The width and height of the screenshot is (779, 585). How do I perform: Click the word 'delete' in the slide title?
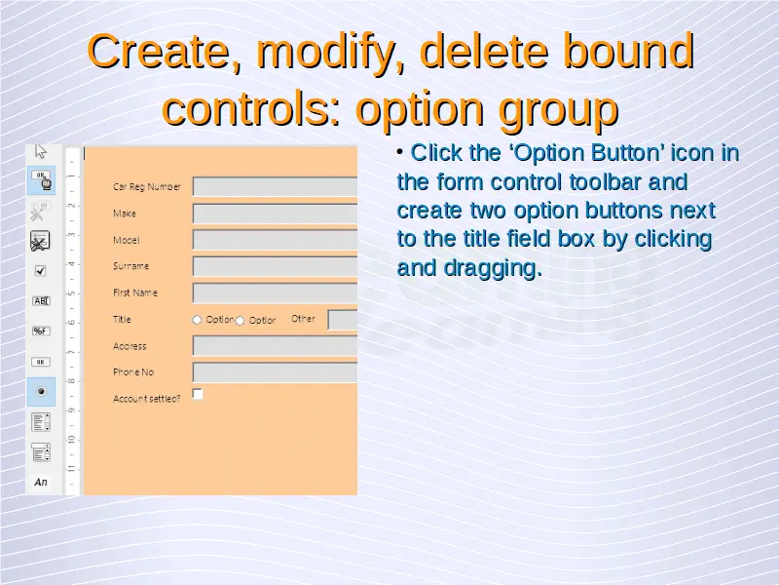pos(484,51)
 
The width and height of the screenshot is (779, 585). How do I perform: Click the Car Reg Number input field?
pos(275,186)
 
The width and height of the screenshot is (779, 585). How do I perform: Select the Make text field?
pos(275,214)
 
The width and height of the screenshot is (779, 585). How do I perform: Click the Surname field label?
pos(130,265)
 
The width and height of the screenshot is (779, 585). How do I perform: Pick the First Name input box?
pos(275,293)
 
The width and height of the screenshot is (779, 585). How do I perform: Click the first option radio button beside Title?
pos(197,320)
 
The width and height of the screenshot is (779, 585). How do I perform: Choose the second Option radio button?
pos(240,321)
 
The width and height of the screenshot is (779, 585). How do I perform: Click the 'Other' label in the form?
pos(303,319)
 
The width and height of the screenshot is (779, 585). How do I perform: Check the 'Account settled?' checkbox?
pos(198,394)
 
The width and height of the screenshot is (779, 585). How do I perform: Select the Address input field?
pos(275,346)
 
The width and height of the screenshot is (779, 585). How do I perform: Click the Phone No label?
pos(133,372)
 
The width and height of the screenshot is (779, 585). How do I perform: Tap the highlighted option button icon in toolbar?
pos(41,392)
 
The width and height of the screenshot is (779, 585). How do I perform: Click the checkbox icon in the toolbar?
pos(40,271)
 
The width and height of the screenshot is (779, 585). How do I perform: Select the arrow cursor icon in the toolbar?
pos(41,151)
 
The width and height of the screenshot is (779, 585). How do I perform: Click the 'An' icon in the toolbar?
pos(41,482)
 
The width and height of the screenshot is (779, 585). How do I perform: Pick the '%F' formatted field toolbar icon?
pos(41,331)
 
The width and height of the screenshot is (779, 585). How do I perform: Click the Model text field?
pos(275,240)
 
